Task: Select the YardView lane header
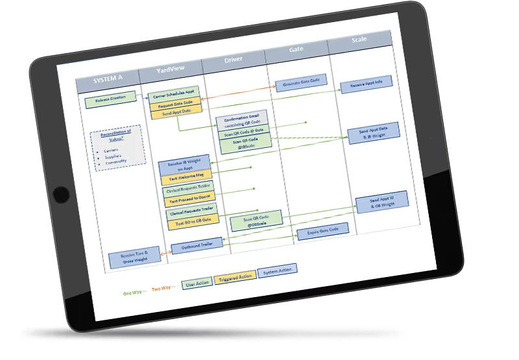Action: (173, 70)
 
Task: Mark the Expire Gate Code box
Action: (322, 231)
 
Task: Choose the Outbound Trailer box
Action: (197, 245)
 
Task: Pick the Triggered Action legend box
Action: (234, 280)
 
